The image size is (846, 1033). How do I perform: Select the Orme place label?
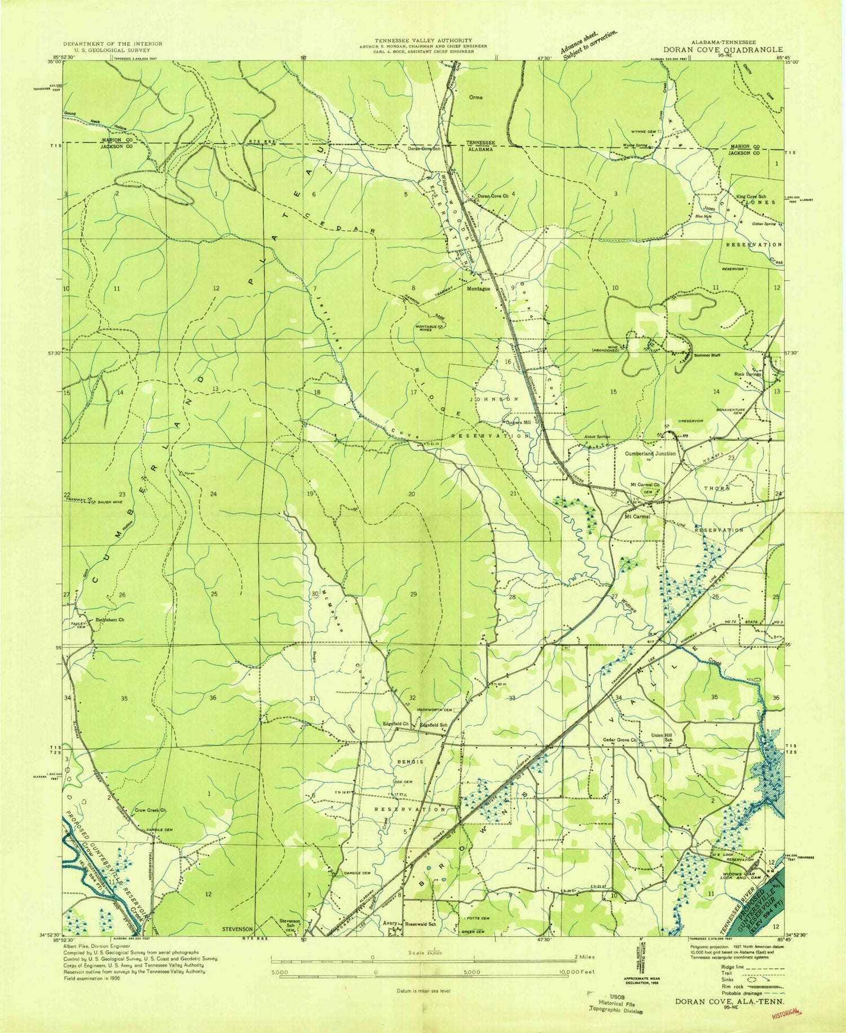coord(476,97)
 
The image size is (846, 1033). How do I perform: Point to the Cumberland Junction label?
coord(650,453)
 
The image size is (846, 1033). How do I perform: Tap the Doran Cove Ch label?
coord(493,196)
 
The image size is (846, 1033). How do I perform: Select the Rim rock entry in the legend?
coord(725,986)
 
